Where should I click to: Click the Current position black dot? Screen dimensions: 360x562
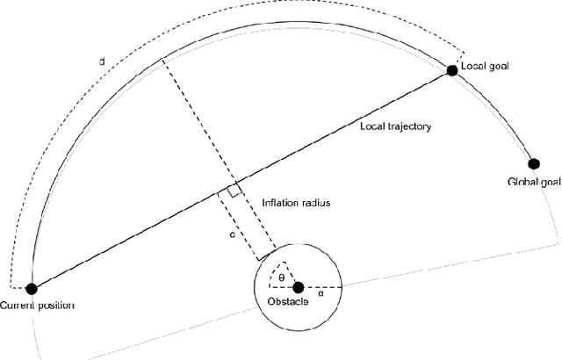click(32, 288)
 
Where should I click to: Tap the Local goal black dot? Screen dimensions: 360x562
click(452, 70)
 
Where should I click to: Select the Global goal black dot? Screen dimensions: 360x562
click(532, 163)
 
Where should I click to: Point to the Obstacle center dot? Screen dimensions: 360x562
click(298, 287)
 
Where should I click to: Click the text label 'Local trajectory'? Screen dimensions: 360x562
click(396, 126)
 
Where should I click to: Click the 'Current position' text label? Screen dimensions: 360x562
click(38, 306)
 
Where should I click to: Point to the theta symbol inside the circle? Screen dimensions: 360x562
click(281, 277)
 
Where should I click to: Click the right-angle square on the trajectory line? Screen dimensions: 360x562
click(234, 191)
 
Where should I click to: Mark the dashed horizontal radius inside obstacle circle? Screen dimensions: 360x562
click(320, 287)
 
